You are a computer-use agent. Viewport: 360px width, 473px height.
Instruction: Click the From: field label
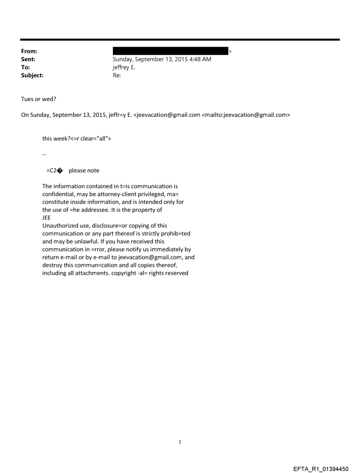pos(29,52)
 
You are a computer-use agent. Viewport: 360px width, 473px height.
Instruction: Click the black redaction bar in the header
pos(170,52)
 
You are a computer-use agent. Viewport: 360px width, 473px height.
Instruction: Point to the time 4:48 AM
pos(199,60)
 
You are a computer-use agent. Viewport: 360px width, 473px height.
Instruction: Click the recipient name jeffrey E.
pos(124,67)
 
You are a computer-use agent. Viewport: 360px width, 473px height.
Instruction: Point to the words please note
pos(84,171)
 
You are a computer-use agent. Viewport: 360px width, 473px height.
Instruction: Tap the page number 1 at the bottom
pos(180,441)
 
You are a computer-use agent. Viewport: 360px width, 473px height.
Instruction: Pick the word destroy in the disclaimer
pos(52,265)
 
